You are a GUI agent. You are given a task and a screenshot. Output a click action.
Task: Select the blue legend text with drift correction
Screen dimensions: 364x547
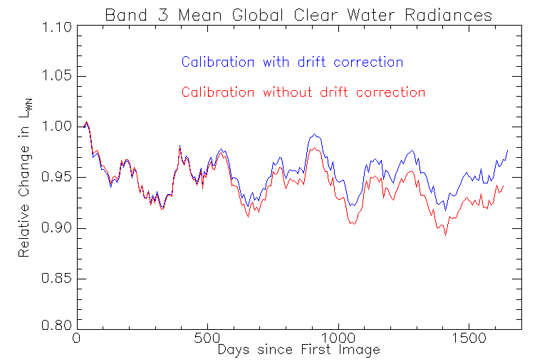(292, 62)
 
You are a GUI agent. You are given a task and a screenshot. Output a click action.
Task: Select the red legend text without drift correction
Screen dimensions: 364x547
(303, 92)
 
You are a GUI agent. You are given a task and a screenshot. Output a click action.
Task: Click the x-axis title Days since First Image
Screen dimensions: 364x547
(298, 350)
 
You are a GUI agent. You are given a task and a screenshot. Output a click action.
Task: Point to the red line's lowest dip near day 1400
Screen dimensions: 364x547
(446, 235)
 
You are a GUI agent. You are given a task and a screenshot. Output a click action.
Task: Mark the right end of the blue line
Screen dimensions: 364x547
(507, 150)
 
